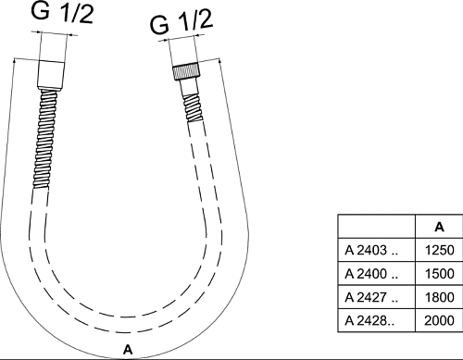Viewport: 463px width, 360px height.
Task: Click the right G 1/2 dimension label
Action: [181, 22]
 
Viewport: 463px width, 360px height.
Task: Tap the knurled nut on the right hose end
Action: [186, 71]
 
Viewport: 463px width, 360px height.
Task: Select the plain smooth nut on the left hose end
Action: [51, 74]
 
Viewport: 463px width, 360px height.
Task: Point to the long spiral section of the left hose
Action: [45, 139]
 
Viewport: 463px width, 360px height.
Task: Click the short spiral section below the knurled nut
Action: [194, 108]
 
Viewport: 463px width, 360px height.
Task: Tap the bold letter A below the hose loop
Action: [128, 350]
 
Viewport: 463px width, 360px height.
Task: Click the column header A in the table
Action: [439, 227]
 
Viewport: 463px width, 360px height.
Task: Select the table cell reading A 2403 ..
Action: [377, 250]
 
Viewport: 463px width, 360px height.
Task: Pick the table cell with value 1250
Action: [439, 250]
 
